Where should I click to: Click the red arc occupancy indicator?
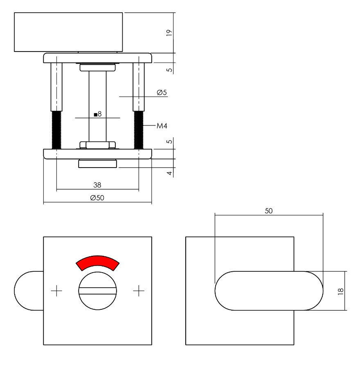click(97, 262)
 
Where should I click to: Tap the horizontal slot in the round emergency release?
click(97, 291)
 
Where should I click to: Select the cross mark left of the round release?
click(56, 291)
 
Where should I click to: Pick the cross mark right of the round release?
click(139, 291)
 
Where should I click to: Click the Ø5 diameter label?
click(162, 93)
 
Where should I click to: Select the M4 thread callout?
click(162, 126)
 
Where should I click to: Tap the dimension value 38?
click(97, 185)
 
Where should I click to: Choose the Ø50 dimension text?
click(97, 198)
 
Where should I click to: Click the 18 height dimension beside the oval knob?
click(341, 291)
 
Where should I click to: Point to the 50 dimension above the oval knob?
click(268, 211)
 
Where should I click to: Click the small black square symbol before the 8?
click(95, 115)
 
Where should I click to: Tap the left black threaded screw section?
click(56, 130)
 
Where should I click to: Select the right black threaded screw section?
click(139, 130)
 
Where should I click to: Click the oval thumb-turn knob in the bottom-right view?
click(269, 291)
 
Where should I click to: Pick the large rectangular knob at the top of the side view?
click(68, 32)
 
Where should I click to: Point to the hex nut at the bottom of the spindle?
click(97, 145)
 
